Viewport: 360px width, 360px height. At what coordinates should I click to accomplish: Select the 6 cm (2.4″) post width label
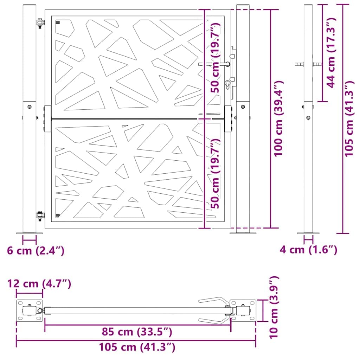pyautogui.click(x=36, y=251)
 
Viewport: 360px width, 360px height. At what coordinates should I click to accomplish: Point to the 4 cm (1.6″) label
pyautogui.click(x=308, y=250)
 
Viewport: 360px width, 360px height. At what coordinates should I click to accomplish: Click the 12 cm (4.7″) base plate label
pyautogui.click(x=39, y=283)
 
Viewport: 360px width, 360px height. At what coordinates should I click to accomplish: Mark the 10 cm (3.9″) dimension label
pyautogui.click(x=275, y=307)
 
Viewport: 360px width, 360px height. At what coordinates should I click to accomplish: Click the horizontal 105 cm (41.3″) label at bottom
pyautogui.click(x=137, y=347)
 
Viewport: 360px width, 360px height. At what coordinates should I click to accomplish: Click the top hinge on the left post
pyautogui.click(x=41, y=23)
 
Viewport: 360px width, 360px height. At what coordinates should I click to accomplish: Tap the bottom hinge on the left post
pyautogui.click(x=41, y=216)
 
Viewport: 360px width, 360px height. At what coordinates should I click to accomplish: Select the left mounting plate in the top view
pyautogui.click(x=30, y=310)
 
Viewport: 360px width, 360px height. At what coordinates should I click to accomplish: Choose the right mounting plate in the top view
pyautogui.click(x=243, y=310)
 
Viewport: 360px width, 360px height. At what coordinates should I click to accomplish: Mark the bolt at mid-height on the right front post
pyautogui.click(x=243, y=106)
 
